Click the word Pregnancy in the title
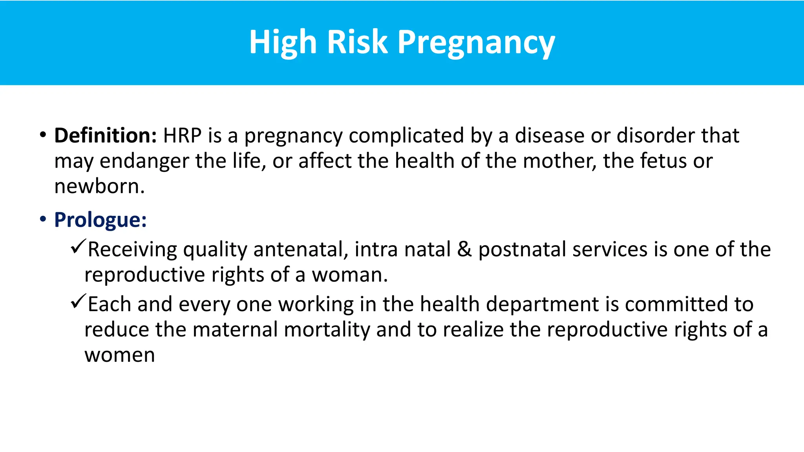(x=476, y=42)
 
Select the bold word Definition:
(x=106, y=135)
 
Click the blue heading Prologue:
(x=100, y=220)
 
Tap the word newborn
(x=99, y=186)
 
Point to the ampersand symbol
(x=464, y=250)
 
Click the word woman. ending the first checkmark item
(x=350, y=275)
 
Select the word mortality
(x=327, y=330)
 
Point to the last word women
(x=120, y=355)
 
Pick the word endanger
(x=144, y=161)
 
